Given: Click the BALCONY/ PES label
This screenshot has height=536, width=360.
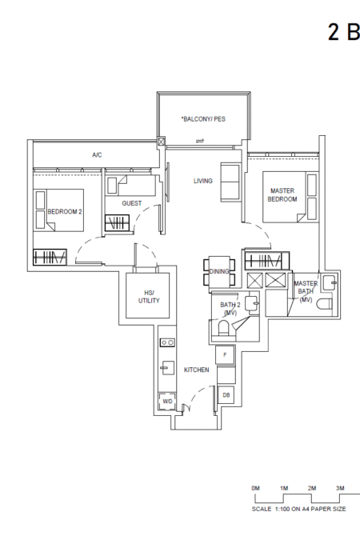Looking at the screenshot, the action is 203,119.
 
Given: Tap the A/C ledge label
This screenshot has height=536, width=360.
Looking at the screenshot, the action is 97,155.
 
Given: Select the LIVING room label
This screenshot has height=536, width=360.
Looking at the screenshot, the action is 202,181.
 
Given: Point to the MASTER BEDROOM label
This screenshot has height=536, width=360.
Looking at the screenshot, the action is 282,195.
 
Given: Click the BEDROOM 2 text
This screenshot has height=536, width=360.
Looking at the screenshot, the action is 65,211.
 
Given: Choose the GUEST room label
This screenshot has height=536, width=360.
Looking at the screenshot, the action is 132,203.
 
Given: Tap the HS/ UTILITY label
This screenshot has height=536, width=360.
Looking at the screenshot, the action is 149,297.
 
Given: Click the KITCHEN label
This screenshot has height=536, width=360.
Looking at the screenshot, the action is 196,370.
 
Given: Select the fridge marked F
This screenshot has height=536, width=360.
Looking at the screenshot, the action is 226,355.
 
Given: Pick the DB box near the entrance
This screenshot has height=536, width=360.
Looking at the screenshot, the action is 226,395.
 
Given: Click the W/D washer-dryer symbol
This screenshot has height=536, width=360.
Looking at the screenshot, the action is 167,402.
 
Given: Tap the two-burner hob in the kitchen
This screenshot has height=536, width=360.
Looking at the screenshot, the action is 167,342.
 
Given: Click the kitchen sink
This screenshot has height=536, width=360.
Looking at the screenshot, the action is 168,368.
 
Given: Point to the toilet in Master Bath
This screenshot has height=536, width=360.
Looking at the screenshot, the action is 325,304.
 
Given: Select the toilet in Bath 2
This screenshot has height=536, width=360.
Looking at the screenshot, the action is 223,328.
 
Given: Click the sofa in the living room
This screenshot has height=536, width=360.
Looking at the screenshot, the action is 230,182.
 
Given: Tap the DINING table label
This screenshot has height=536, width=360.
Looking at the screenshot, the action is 219,271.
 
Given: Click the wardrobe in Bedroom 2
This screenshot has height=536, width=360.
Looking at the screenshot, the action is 50,257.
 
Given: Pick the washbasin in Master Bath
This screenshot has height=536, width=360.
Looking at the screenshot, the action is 330,283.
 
